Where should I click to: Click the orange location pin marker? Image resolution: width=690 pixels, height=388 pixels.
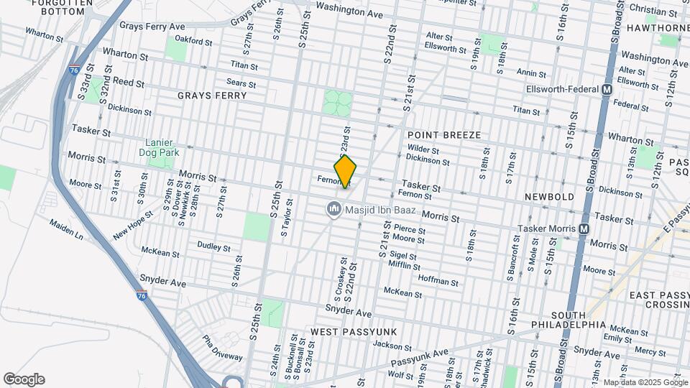pyautogui.click(x=346, y=171)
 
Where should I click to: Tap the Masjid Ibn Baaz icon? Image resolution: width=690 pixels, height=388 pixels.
pyautogui.click(x=333, y=209)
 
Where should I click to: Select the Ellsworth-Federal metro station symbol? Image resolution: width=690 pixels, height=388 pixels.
pyautogui.click(x=607, y=90)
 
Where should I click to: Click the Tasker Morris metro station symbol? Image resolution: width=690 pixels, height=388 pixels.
pyautogui.click(x=584, y=228)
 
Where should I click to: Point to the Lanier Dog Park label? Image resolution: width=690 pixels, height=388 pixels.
pyautogui.click(x=160, y=147)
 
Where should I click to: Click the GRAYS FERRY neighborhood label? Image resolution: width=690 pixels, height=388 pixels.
pyautogui.click(x=212, y=95)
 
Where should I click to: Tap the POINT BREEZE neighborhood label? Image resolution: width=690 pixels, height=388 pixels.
pyautogui.click(x=443, y=135)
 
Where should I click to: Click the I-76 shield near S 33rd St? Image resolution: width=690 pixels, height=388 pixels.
pyautogui.click(x=74, y=70)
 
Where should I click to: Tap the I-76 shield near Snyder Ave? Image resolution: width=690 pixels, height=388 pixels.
pyautogui.click(x=141, y=295)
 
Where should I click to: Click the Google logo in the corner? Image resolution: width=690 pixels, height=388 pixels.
pyautogui.click(x=24, y=379)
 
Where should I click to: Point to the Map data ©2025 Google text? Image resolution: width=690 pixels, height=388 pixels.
pyautogui.click(x=645, y=383)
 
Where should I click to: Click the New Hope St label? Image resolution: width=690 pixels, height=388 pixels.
pyautogui.click(x=134, y=226)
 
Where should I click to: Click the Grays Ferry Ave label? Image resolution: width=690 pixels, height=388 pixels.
pyautogui.click(x=152, y=26)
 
